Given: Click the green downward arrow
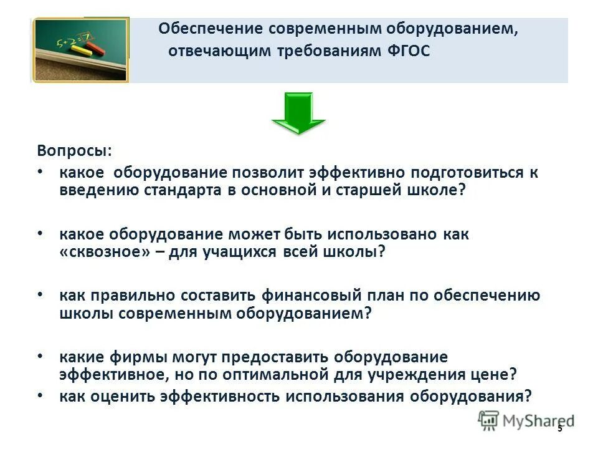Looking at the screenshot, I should [x=298, y=112].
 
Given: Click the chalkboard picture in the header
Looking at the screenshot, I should [x=80, y=50].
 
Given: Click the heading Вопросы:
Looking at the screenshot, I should [x=75, y=152].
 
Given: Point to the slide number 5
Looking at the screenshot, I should [x=560, y=428].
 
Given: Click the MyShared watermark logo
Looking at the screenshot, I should [x=526, y=420].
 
